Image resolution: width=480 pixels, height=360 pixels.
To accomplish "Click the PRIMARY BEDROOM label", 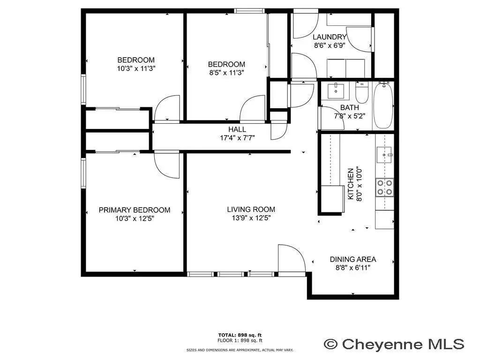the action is [x=135, y=210].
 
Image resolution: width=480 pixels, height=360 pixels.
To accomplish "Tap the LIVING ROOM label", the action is [x=251, y=210].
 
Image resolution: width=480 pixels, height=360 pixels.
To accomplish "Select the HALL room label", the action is [x=237, y=129].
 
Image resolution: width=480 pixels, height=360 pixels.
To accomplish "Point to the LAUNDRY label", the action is [x=330, y=37].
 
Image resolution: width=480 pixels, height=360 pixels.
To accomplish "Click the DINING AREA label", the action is [x=353, y=259].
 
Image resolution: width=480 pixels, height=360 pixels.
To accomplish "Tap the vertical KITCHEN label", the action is [x=351, y=184].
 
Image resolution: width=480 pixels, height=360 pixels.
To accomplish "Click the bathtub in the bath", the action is [x=383, y=105].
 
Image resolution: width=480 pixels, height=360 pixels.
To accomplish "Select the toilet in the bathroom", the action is [x=362, y=92].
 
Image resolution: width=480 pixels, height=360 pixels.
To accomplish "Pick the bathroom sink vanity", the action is [x=336, y=90].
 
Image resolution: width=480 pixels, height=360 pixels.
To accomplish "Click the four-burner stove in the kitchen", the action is [x=385, y=187].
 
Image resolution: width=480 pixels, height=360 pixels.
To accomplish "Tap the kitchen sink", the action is [x=384, y=155].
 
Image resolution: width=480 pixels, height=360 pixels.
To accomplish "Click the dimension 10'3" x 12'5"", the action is [x=135, y=218].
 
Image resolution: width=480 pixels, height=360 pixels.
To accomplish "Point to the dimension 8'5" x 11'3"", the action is [x=226, y=73].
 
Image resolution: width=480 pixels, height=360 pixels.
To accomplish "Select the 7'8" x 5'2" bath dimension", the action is [x=350, y=116].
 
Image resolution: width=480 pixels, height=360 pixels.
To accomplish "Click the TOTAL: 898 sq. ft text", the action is [x=240, y=335].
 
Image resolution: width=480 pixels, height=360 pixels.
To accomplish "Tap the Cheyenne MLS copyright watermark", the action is [x=394, y=344].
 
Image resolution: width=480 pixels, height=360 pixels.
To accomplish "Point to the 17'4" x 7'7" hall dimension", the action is [x=237, y=138].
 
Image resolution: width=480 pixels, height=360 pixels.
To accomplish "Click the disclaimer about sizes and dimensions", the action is [x=240, y=350].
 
